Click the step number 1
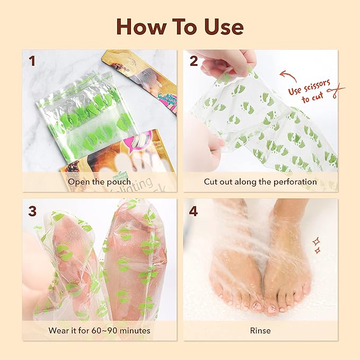coord(32,61)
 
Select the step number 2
coord(194,61)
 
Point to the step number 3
coord(32,210)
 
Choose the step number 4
coord(194,210)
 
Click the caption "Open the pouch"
coord(99,182)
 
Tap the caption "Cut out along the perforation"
coord(260,182)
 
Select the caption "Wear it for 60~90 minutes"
coord(99,330)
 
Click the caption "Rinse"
coord(260,330)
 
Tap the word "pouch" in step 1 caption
coord(119,182)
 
